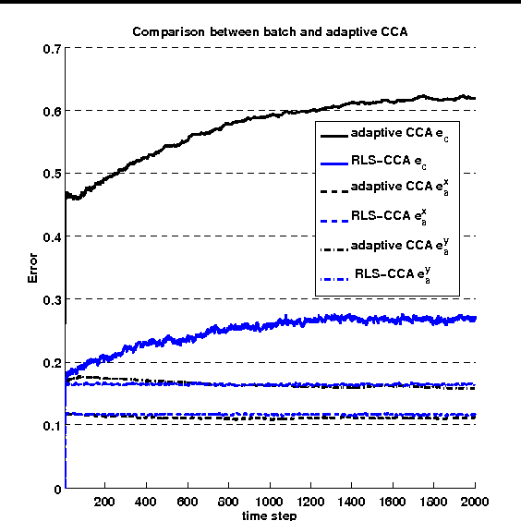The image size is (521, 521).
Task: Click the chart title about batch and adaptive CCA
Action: click(x=269, y=31)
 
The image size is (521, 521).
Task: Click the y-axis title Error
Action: click(x=33, y=268)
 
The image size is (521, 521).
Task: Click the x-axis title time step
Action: click(x=271, y=515)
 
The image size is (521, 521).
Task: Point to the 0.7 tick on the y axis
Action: click(x=52, y=47)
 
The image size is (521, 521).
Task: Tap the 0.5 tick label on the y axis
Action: click(x=52, y=174)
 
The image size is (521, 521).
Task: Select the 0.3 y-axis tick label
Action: click(x=52, y=299)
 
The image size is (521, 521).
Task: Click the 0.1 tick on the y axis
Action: click(x=52, y=426)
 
